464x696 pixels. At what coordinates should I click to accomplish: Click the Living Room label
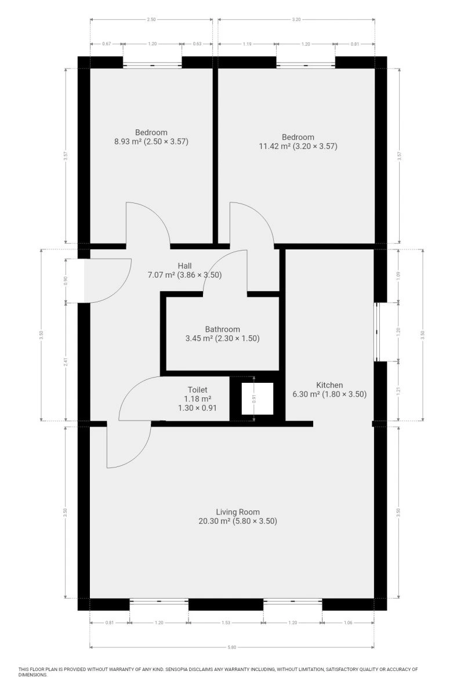click(238, 512)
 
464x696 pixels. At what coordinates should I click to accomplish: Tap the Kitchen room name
click(329, 385)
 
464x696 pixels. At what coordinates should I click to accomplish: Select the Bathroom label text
click(222, 329)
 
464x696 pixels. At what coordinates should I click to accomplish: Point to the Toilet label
click(197, 390)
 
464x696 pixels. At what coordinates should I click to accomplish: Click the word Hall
click(184, 266)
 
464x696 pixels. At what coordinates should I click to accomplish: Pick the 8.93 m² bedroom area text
click(128, 142)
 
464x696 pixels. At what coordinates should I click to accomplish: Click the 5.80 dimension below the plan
click(232, 647)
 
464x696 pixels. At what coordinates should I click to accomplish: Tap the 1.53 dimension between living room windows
click(226, 622)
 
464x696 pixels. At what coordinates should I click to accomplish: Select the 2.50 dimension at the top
click(151, 19)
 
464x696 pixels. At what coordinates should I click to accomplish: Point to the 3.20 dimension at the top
click(296, 19)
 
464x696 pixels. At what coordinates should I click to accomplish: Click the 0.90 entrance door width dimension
click(66, 281)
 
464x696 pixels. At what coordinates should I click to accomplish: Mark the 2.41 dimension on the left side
click(66, 362)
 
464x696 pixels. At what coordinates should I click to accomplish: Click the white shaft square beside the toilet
click(258, 398)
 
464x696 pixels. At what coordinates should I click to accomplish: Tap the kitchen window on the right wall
click(376, 332)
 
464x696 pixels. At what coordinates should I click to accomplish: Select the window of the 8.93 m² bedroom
click(153, 65)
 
